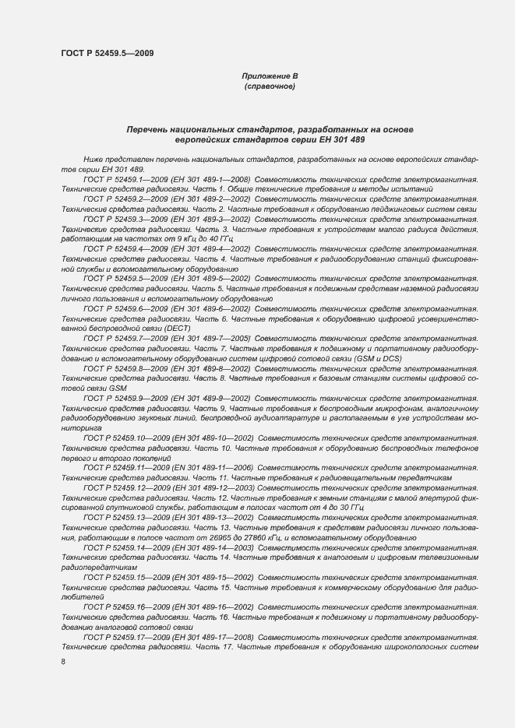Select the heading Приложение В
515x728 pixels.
click(270, 76)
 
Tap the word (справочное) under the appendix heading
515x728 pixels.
click(270, 86)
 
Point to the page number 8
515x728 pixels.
click(63, 662)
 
